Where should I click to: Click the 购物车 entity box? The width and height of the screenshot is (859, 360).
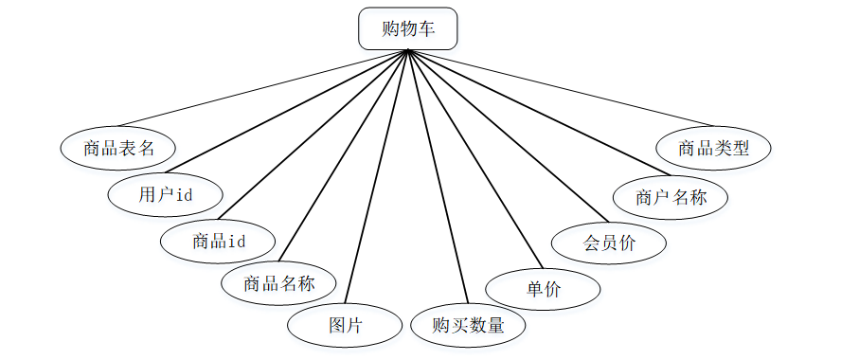coord(408,28)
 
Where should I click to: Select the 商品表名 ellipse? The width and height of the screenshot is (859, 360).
coord(118,148)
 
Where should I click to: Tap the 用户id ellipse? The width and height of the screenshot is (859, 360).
coord(166,195)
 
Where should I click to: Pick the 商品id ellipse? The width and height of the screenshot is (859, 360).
coord(219,242)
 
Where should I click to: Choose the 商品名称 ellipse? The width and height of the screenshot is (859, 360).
coord(278,282)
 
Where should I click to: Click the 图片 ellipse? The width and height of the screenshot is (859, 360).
coord(346,326)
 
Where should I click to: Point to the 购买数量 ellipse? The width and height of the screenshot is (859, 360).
coord(468,326)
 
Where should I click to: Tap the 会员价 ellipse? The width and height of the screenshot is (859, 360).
coord(609,243)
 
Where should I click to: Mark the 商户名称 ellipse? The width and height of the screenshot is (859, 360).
coord(671,197)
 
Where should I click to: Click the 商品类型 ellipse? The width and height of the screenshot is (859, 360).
coord(714,148)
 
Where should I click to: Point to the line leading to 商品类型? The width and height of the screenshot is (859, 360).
coord(559,87)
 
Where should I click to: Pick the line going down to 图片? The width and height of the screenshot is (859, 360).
coord(377,175)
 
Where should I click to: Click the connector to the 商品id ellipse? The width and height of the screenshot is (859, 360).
coord(317,135)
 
